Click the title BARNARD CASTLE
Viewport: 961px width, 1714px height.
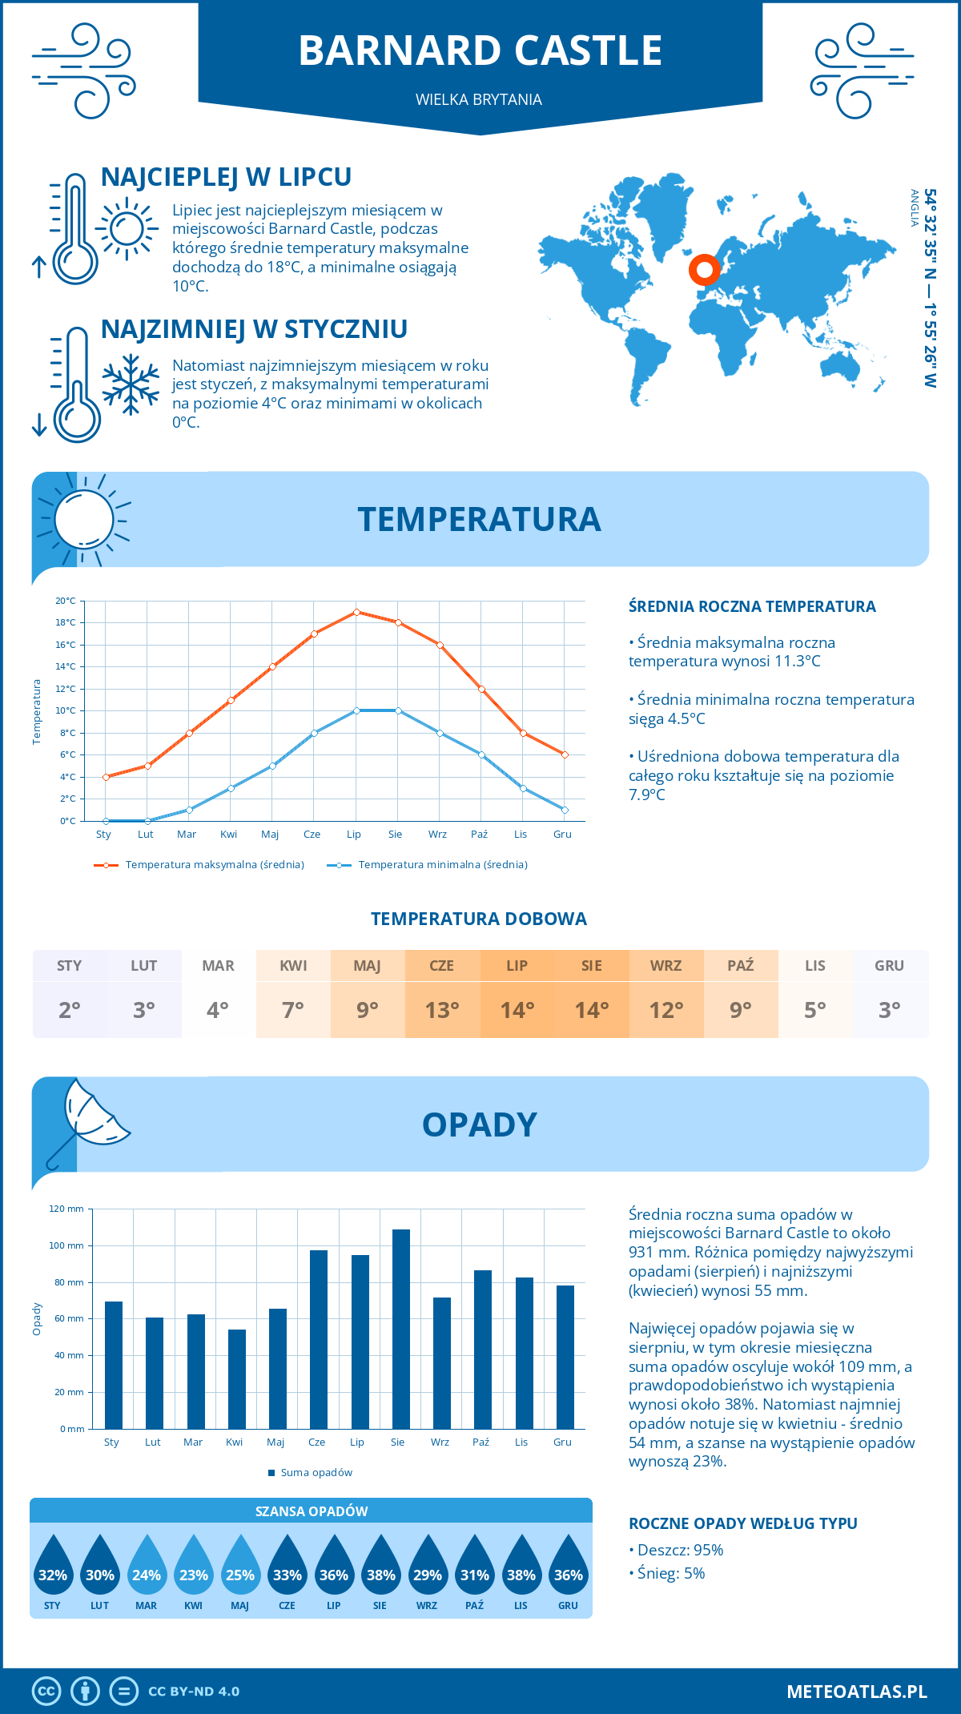tap(480, 50)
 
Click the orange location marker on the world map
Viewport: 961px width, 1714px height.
tap(704, 270)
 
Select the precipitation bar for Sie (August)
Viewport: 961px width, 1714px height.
tap(401, 1330)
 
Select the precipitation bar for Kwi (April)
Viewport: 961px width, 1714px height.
tap(237, 1379)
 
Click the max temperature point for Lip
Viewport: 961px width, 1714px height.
tap(356, 612)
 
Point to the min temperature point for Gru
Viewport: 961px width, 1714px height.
tap(565, 810)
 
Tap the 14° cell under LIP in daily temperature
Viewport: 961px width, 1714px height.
tap(517, 1010)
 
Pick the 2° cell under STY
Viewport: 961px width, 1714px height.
tap(69, 1010)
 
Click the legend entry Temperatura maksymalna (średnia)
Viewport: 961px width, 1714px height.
tap(215, 865)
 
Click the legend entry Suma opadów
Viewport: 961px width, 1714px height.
tap(316, 1473)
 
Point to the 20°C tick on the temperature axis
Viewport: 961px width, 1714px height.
tap(66, 601)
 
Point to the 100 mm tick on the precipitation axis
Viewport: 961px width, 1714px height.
tap(66, 1245)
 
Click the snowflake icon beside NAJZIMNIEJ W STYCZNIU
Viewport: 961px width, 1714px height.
tap(131, 384)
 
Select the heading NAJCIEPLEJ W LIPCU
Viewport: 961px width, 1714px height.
tap(226, 177)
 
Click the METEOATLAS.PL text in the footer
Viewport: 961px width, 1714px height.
tap(856, 1692)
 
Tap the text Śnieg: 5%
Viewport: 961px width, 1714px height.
tap(670, 1573)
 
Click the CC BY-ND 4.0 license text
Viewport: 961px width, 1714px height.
tap(194, 1692)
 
